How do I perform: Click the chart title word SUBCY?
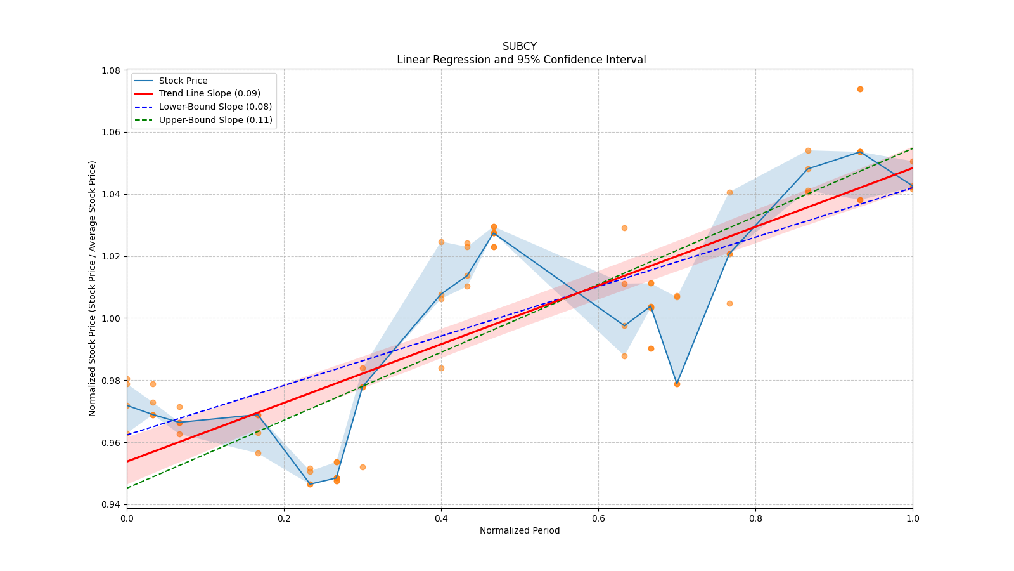(x=519, y=46)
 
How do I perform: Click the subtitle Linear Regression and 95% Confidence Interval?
(x=521, y=60)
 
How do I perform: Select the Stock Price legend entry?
(x=183, y=81)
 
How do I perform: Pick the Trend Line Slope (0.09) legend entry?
(x=209, y=93)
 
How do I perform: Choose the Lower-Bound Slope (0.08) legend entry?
(x=215, y=107)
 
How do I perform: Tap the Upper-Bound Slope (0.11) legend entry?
(x=215, y=120)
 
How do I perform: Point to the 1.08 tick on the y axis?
(x=112, y=70)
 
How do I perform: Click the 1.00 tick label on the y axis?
(x=112, y=318)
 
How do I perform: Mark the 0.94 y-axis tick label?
(x=112, y=504)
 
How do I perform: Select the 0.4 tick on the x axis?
(x=441, y=518)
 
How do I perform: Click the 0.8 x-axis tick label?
(x=755, y=518)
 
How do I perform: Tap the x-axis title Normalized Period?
(x=520, y=530)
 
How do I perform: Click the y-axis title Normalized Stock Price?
(x=93, y=288)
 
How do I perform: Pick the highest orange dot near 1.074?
(x=860, y=89)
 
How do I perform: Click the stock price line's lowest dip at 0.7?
(x=677, y=384)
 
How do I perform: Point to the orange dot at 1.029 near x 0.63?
(x=624, y=228)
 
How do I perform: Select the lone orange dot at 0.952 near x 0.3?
(x=363, y=467)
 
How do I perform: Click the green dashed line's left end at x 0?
(x=127, y=488)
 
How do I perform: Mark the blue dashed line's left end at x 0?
(x=127, y=435)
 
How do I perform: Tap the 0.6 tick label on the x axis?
(x=598, y=518)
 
